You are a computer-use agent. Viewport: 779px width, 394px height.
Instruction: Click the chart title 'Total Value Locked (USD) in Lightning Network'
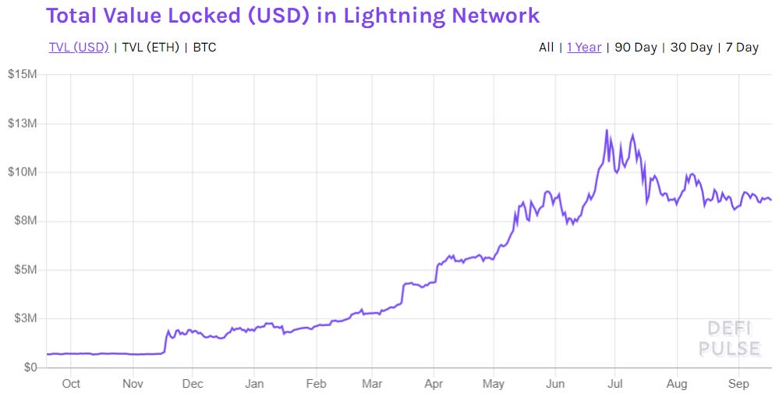(x=293, y=15)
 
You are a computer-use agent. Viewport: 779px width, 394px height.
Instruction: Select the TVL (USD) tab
(x=78, y=48)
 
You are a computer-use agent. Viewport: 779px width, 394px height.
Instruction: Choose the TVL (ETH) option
(x=151, y=48)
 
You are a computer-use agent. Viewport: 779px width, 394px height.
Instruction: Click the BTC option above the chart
(x=204, y=48)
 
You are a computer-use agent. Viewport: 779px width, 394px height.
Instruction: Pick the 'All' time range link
(x=546, y=48)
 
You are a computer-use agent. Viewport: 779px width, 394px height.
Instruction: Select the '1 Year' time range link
(x=584, y=48)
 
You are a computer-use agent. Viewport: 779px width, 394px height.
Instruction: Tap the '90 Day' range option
(x=636, y=48)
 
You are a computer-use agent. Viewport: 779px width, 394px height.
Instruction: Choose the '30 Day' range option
(x=691, y=48)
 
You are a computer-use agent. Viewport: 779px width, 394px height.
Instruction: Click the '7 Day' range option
(x=742, y=48)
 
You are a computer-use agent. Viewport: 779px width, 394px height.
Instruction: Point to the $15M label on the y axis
(x=23, y=75)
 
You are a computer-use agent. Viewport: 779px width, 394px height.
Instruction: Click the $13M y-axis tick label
(x=23, y=123)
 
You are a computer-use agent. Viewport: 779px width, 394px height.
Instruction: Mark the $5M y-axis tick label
(x=25, y=270)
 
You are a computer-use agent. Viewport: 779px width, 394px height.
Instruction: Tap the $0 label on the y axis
(x=30, y=367)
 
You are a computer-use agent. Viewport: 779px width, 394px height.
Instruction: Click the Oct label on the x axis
(x=71, y=384)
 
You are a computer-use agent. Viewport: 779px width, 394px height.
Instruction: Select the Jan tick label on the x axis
(x=254, y=384)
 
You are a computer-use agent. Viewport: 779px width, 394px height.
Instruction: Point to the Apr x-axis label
(x=434, y=384)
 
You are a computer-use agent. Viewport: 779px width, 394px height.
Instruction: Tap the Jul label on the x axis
(x=615, y=384)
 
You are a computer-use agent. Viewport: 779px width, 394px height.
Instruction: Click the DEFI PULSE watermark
(x=729, y=339)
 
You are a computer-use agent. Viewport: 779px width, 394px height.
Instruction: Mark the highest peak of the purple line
(x=606, y=130)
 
